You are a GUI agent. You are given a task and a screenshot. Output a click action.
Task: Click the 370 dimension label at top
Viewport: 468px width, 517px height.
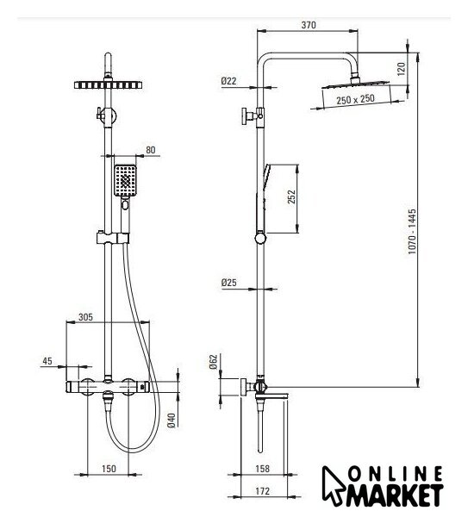pos(309,25)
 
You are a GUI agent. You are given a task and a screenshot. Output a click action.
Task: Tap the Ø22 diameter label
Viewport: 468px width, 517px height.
pos(229,81)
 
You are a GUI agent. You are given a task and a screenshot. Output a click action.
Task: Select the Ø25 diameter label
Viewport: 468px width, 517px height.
pos(229,283)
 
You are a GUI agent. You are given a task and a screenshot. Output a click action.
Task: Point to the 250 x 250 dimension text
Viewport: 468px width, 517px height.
pos(356,99)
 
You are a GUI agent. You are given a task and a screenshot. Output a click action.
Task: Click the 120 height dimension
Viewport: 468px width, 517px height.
pos(402,69)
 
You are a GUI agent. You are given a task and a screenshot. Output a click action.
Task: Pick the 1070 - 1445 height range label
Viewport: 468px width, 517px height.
pos(412,231)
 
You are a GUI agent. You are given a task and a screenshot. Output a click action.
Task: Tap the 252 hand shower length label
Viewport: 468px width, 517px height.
pos(291,196)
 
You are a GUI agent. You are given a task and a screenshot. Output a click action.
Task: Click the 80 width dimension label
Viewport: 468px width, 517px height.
pos(150,150)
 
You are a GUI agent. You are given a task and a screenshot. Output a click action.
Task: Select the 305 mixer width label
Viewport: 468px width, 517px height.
pos(85,317)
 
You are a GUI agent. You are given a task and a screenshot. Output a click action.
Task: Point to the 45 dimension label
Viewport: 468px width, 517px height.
pos(47,361)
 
